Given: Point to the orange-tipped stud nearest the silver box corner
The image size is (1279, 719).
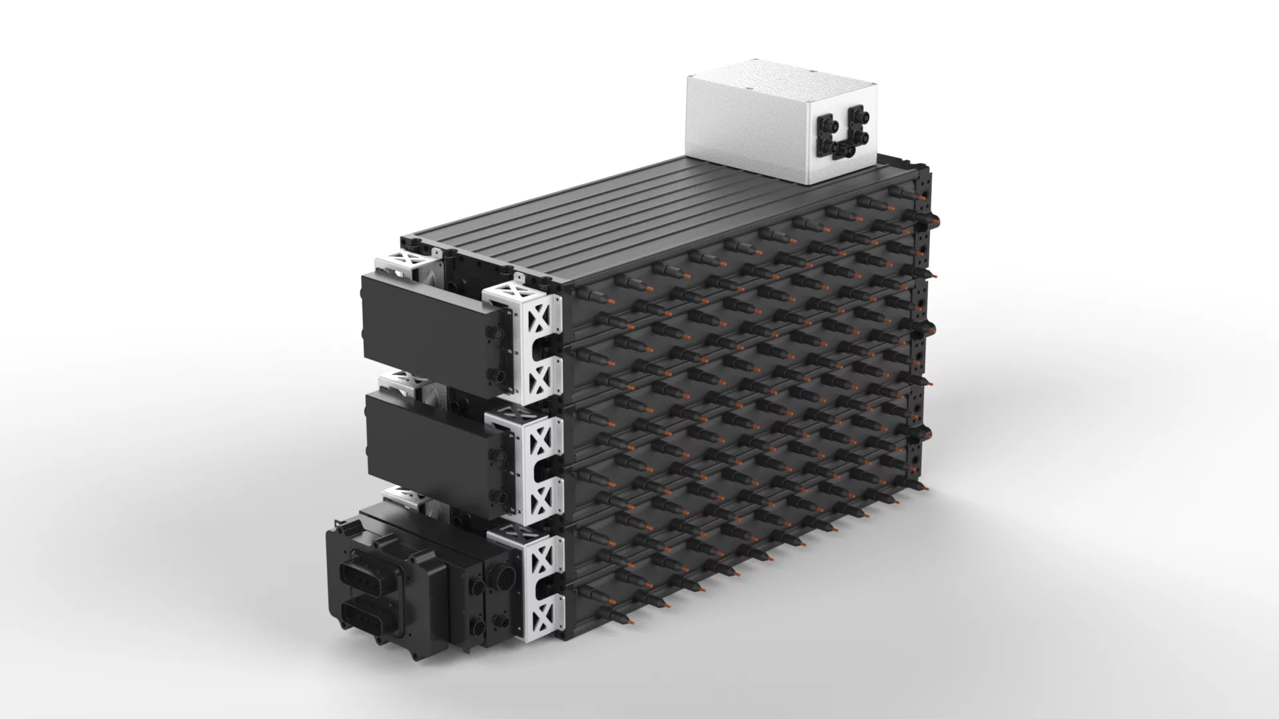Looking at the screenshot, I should (x=900, y=193).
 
